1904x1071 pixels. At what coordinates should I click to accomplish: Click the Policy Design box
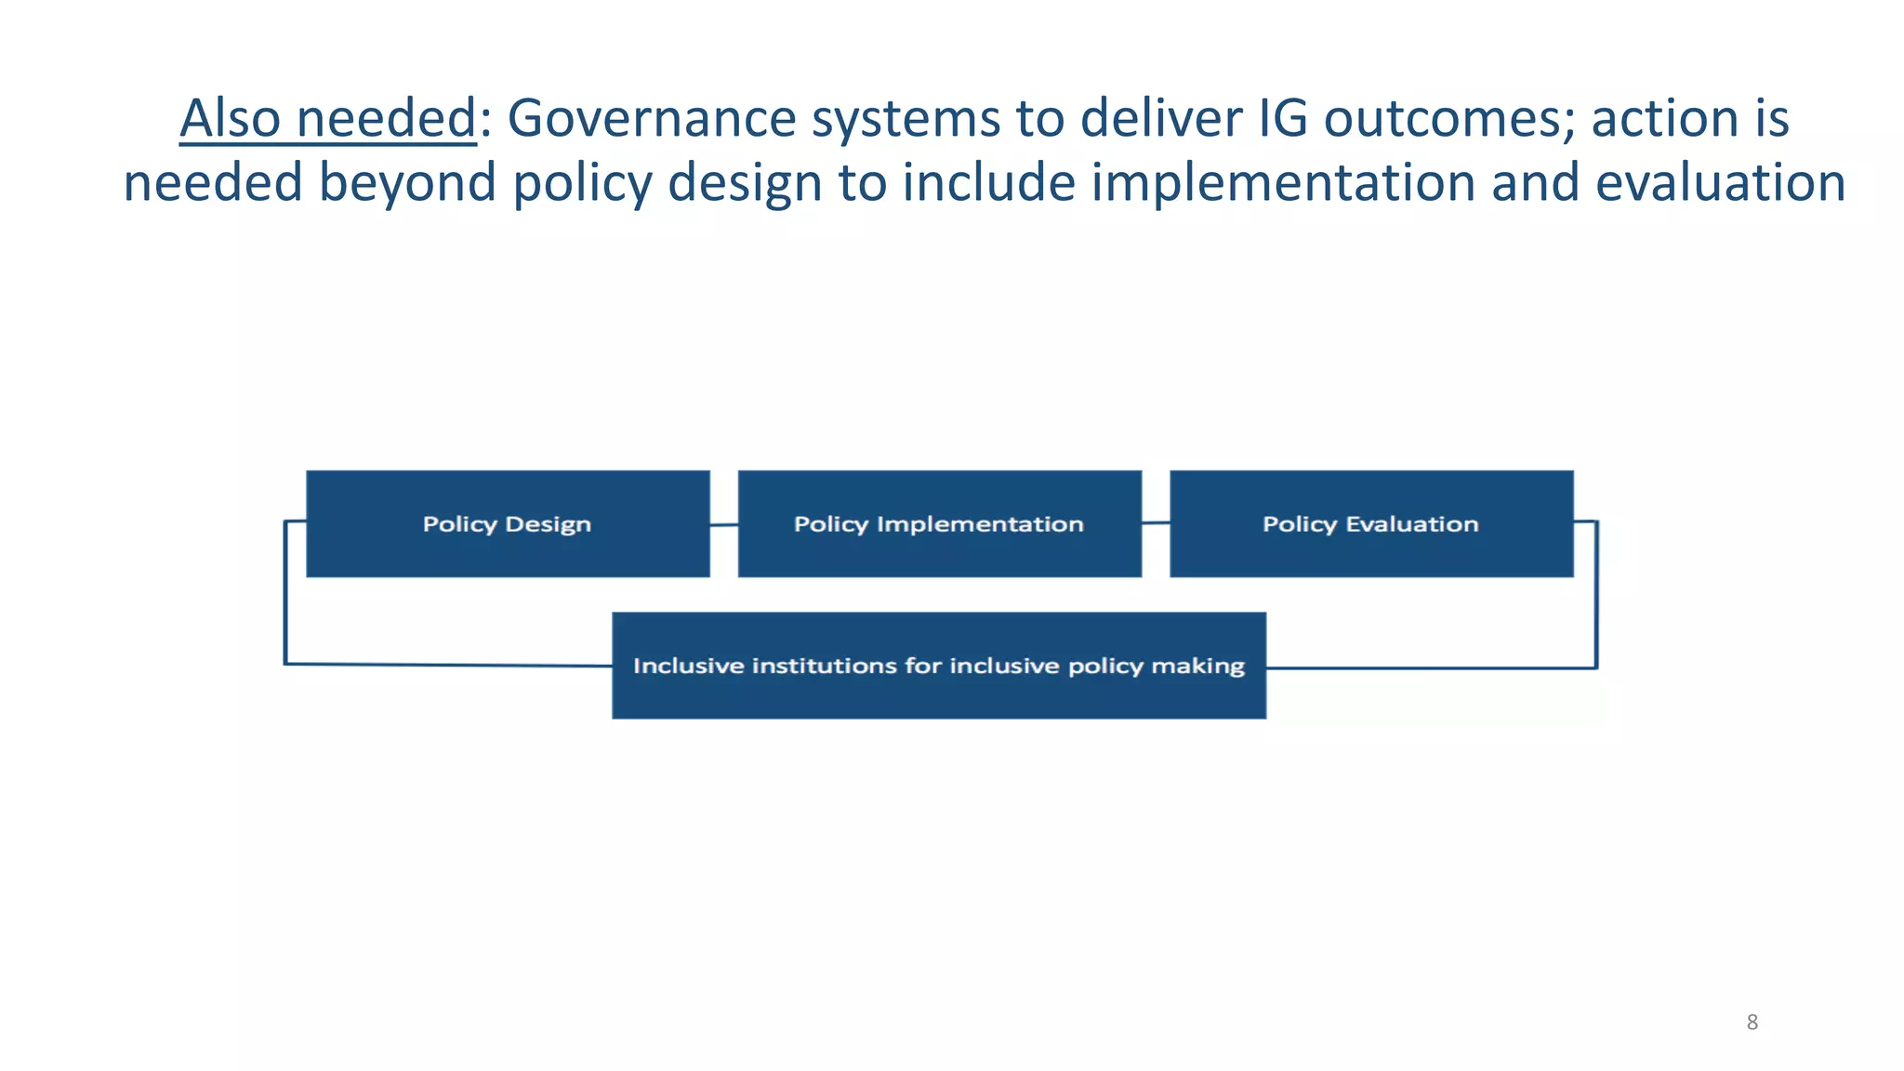(x=508, y=523)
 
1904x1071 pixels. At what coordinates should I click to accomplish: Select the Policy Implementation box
(x=939, y=523)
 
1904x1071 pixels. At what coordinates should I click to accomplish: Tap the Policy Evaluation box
(x=1371, y=523)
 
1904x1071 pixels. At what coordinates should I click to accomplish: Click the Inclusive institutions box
(x=939, y=666)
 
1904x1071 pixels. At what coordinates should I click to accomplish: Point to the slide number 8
(x=1752, y=1023)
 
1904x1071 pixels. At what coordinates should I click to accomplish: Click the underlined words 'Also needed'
(x=327, y=119)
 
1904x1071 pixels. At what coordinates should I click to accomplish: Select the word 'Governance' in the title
(x=652, y=119)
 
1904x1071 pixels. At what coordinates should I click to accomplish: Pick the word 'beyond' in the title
(x=408, y=182)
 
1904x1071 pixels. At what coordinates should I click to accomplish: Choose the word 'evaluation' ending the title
(x=1720, y=182)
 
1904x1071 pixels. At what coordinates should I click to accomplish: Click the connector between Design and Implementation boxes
(x=723, y=525)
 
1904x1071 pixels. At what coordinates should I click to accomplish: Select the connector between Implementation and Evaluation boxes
(x=1156, y=523)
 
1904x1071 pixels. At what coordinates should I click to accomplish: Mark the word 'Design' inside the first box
(x=548, y=524)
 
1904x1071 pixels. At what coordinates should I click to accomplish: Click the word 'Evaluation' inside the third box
(x=1411, y=524)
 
